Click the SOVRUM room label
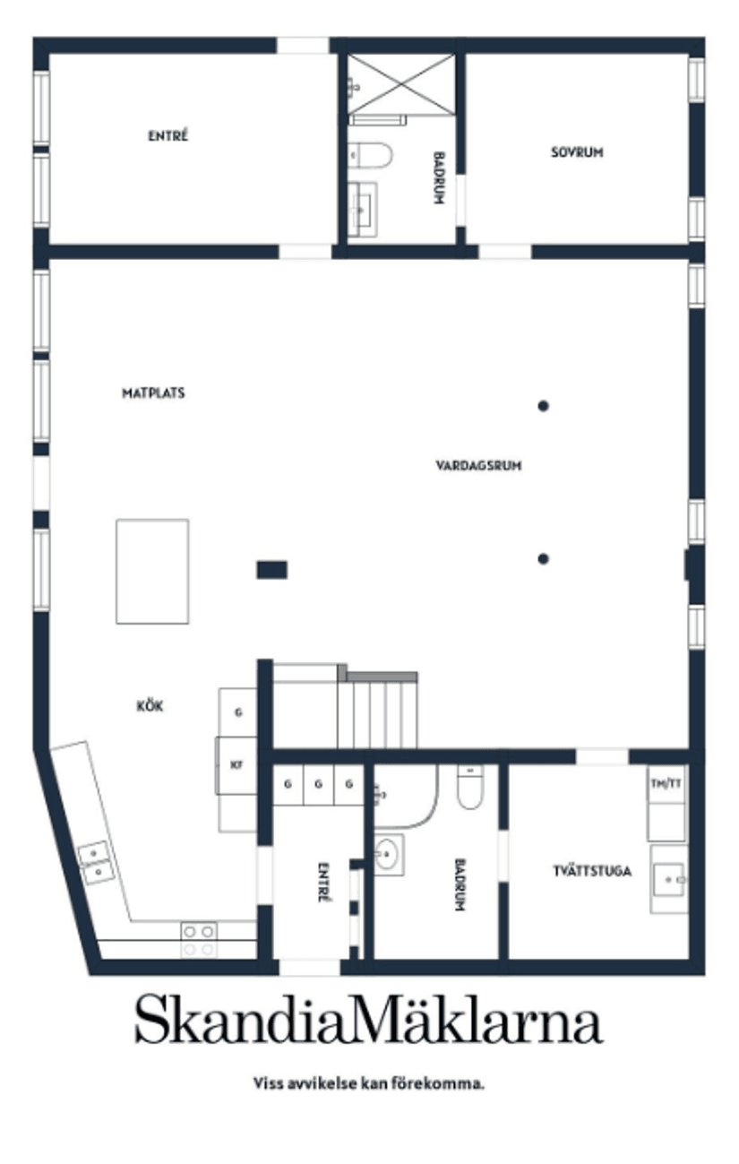tap(577, 152)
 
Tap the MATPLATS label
tap(153, 392)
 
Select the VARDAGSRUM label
tap(478, 465)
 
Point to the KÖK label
tap(150, 706)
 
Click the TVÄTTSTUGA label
tap(592, 870)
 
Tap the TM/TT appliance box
tap(666, 783)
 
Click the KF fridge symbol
tap(236, 765)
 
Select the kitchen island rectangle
tap(152, 571)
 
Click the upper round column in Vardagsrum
tap(543, 406)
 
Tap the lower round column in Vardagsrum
tap(543, 559)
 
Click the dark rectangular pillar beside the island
tap(271, 570)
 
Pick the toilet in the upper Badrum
tap(369, 155)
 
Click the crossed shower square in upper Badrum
tap(401, 83)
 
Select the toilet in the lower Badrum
tap(470, 787)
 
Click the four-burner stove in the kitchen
tap(199, 940)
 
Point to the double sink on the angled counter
tap(96, 863)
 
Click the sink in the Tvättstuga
tap(669, 879)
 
